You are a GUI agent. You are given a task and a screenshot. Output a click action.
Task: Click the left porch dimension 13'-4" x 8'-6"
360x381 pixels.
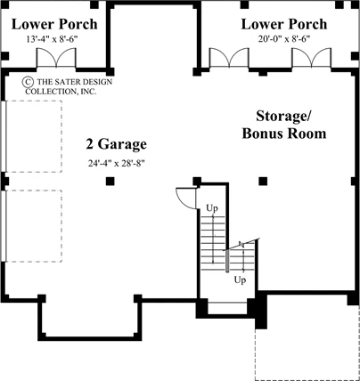tap(53, 39)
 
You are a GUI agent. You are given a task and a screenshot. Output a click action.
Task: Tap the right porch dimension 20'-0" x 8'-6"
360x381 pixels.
tap(284, 39)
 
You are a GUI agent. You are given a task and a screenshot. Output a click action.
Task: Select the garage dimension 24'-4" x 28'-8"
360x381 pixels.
tap(116, 163)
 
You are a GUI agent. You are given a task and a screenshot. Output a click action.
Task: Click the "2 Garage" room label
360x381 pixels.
tap(117, 144)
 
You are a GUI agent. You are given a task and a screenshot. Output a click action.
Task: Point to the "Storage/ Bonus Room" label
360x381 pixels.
tap(284, 125)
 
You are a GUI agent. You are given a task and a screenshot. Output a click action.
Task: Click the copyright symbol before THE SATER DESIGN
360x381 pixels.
tap(28, 82)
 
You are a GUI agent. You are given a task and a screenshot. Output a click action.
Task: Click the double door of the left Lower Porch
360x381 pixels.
tap(56, 58)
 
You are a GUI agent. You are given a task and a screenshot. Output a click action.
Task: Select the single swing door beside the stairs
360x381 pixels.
tap(186, 199)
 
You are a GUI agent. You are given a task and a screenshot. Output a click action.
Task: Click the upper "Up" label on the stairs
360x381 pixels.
tap(212, 208)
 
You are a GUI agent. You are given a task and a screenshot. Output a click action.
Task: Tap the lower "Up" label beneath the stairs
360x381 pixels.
tap(240, 280)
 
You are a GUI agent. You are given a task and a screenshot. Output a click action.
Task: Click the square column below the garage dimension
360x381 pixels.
tap(110, 181)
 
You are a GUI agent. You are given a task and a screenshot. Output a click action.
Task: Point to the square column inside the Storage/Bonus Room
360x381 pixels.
tap(263, 181)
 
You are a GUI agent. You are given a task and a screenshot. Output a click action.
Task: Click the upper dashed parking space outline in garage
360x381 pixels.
tap(34, 101)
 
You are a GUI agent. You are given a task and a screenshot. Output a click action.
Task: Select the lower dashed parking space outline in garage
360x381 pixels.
tap(34, 190)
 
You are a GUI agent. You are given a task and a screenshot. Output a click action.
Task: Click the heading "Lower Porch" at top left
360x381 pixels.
tap(54, 24)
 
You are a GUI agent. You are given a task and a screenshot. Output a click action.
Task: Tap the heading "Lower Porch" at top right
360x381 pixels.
tap(284, 24)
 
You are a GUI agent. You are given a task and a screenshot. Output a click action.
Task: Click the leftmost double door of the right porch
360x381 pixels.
tap(229, 58)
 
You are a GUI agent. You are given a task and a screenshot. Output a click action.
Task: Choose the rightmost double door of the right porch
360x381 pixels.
tap(311, 58)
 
